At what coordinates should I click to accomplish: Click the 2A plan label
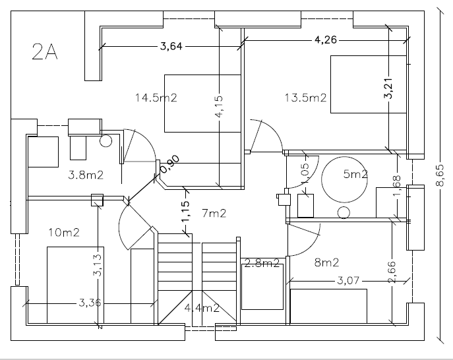click(45, 51)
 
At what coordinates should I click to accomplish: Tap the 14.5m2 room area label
click(156, 98)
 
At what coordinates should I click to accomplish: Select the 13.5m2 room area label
click(306, 98)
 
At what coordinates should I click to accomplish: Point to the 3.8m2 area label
click(86, 175)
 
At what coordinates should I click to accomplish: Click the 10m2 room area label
click(64, 232)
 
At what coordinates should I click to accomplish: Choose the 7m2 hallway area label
click(214, 213)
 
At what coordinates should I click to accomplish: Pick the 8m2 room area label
click(326, 262)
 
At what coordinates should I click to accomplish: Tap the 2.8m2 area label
click(262, 263)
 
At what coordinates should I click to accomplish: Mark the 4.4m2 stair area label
click(202, 308)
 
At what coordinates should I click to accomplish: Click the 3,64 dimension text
click(171, 46)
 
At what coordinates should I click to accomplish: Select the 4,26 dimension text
click(326, 40)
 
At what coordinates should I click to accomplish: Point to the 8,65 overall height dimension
click(440, 175)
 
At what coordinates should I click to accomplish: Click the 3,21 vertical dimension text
click(388, 88)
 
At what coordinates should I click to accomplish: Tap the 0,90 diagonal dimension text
click(170, 164)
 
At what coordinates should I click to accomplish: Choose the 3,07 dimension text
click(348, 280)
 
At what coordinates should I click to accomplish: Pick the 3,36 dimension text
click(90, 303)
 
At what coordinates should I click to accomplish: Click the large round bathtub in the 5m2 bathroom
click(345, 179)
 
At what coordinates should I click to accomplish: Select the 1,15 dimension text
click(185, 212)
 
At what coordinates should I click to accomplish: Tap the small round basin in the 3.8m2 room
click(106, 140)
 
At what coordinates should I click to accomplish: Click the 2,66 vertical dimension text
click(392, 272)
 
